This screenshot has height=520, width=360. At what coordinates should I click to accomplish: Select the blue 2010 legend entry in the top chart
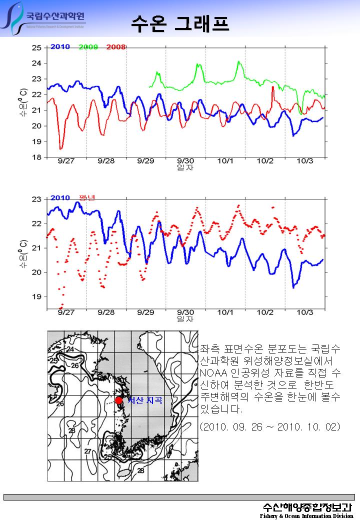pyautogui.click(x=60, y=47)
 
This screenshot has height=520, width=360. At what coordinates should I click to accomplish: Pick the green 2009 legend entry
pyautogui.click(x=88, y=47)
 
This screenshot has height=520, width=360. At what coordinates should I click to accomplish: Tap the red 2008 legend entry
pyautogui.click(x=116, y=47)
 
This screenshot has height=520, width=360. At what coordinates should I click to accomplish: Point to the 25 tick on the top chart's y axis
pyautogui.click(x=36, y=47)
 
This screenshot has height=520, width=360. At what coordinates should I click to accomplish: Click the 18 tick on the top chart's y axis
pyautogui.click(x=36, y=157)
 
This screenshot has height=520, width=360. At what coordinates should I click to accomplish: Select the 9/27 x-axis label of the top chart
pyautogui.click(x=66, y=161)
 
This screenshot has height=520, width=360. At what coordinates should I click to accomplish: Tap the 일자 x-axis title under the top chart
pyautogui.click(x=185, y=168)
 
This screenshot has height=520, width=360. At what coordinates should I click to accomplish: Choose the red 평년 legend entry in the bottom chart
pyautogui.click(x=87, y=197)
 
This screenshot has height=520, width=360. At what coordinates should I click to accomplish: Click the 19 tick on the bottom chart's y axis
pyautogui.click(x=36, y=296)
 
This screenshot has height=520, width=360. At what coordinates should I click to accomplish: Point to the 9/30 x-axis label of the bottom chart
pyautogui.click(x=185, y=312)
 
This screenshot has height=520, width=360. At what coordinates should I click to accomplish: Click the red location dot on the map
pyautogui.click(x=118, y=400)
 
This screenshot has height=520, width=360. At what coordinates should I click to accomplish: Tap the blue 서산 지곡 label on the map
pyautogui.click(x=145, y=400)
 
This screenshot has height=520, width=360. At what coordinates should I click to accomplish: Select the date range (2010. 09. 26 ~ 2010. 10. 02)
pyautogui.click(x=270, y=426)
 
